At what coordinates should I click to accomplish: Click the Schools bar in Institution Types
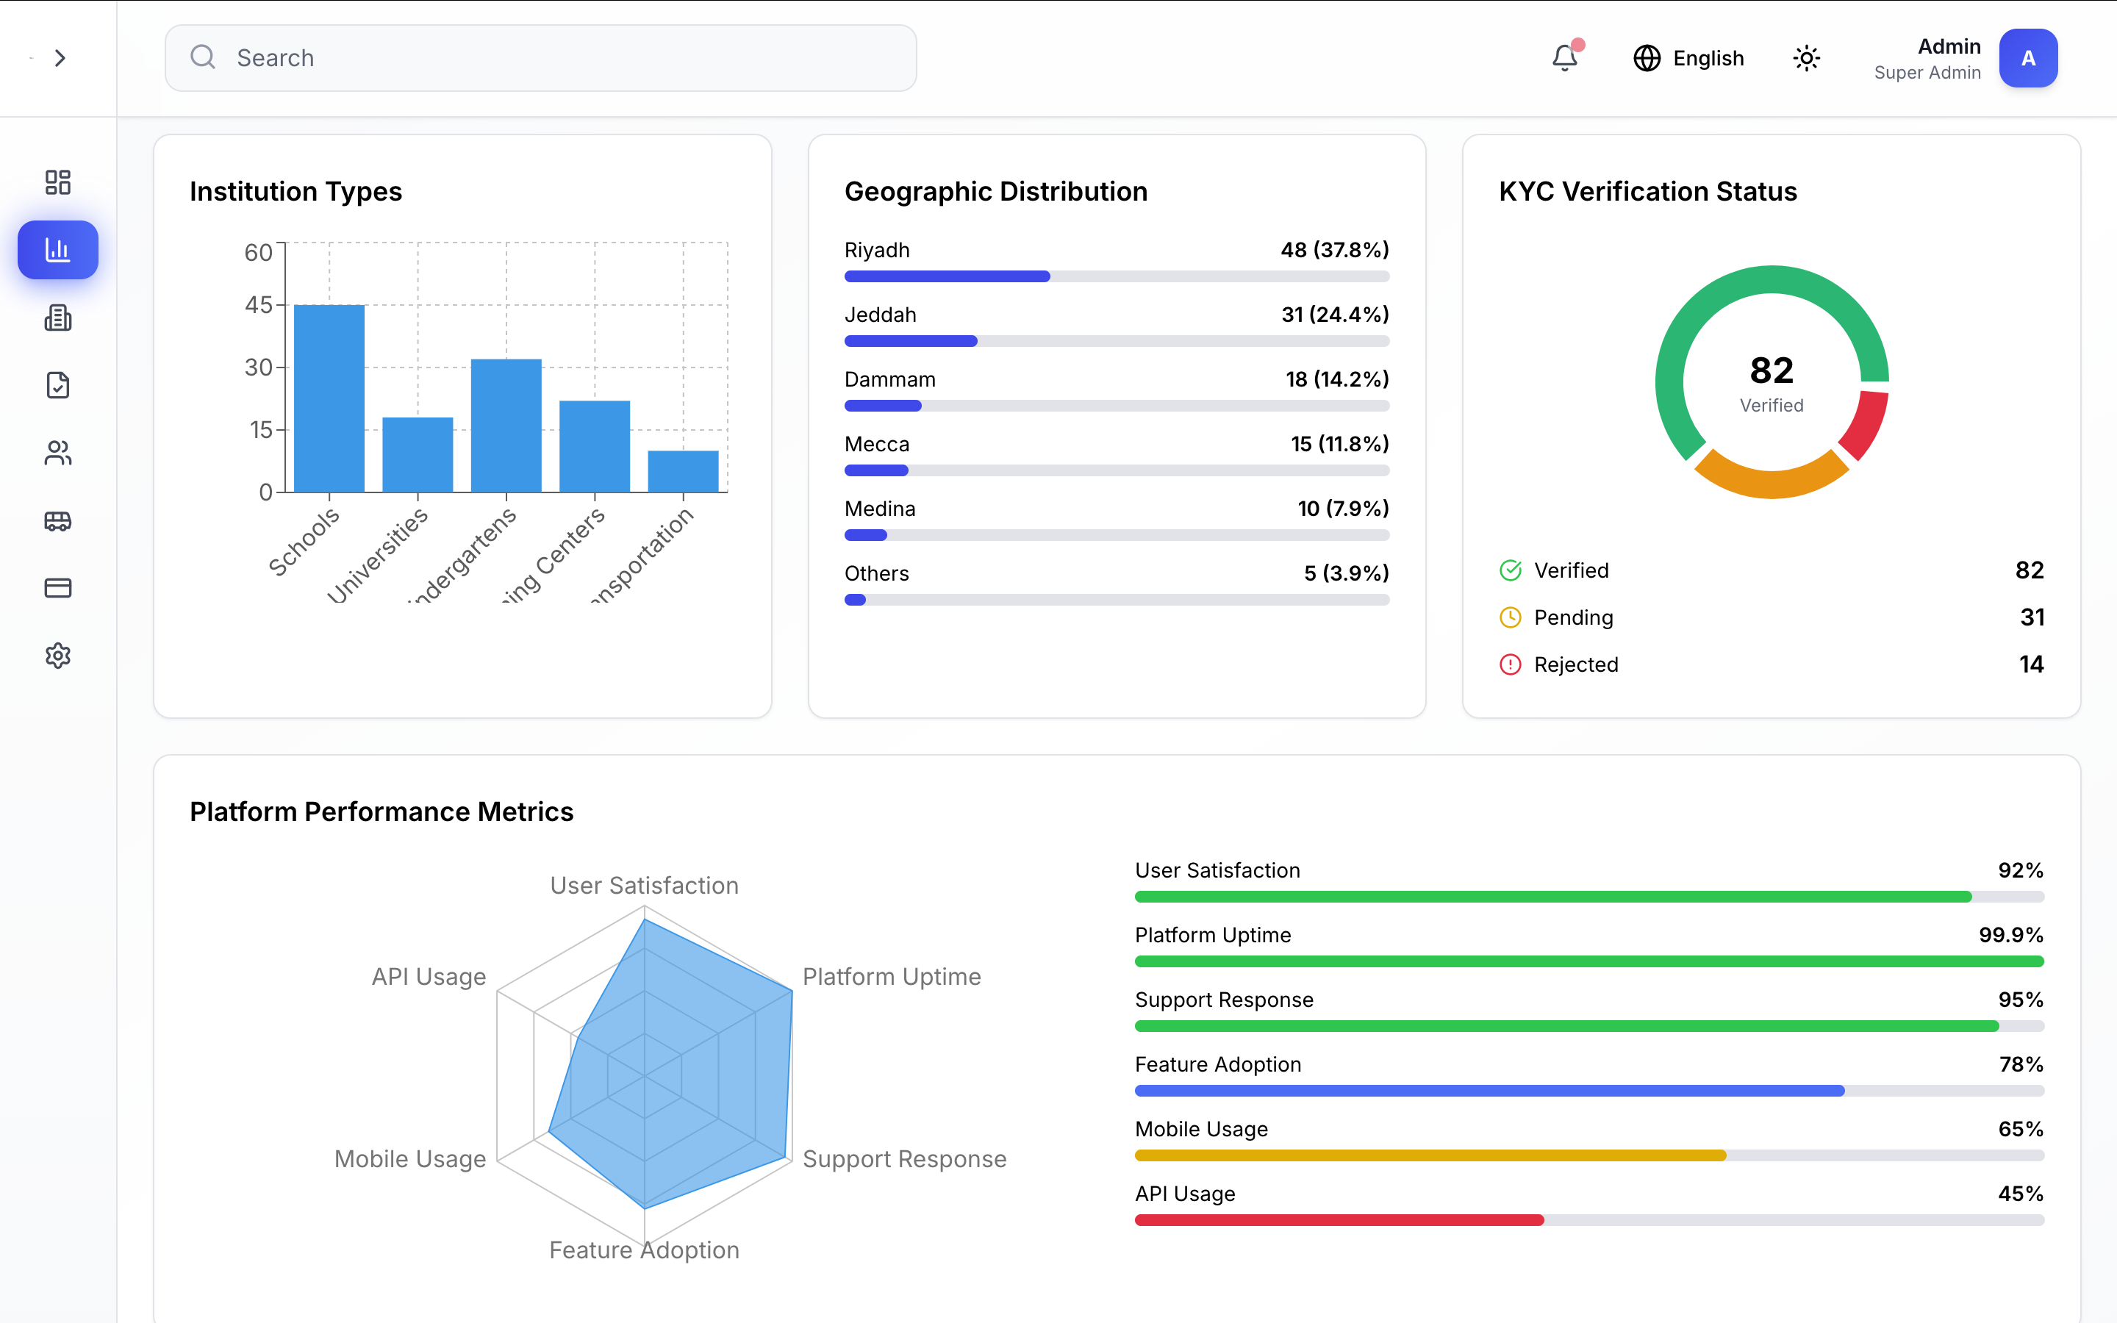pyautogui.click(x=329, y=398)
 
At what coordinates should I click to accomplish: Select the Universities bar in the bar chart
pyautogui.click(x=418, y=454)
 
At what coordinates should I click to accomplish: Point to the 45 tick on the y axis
pyautogui.click(x=258, y=304)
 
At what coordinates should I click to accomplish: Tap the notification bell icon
pyautogui.click(x=1564, y=58)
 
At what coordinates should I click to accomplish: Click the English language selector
pyautogui.click(x=1688, y=58)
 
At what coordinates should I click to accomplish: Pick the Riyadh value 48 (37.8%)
pyautogui.click(x=1334, y=250)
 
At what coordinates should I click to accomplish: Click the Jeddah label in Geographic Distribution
pyautogui.click(x=880, y=315)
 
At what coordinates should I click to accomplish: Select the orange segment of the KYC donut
pyautogui.click(x=1771, y=479)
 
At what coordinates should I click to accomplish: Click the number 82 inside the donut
pyautogui.click(x=1772, y=371)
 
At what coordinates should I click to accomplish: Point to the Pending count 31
pyautogui.click(x=2031, y=617)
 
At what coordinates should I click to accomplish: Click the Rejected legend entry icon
pyautogui.click(x=1510, y=665)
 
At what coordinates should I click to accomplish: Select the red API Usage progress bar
pyautogui.click(x=1339, y=1221)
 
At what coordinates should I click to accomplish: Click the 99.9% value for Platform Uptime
pyautogui.click(x=2010, y=936)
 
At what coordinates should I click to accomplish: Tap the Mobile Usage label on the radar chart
pyautogui.click(x=409, y=1159)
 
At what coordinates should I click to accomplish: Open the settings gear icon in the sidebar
pyautogui.click(x=58, y=656)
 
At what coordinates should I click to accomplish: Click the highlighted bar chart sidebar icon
pyautogui.click(x=58, y=250)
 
